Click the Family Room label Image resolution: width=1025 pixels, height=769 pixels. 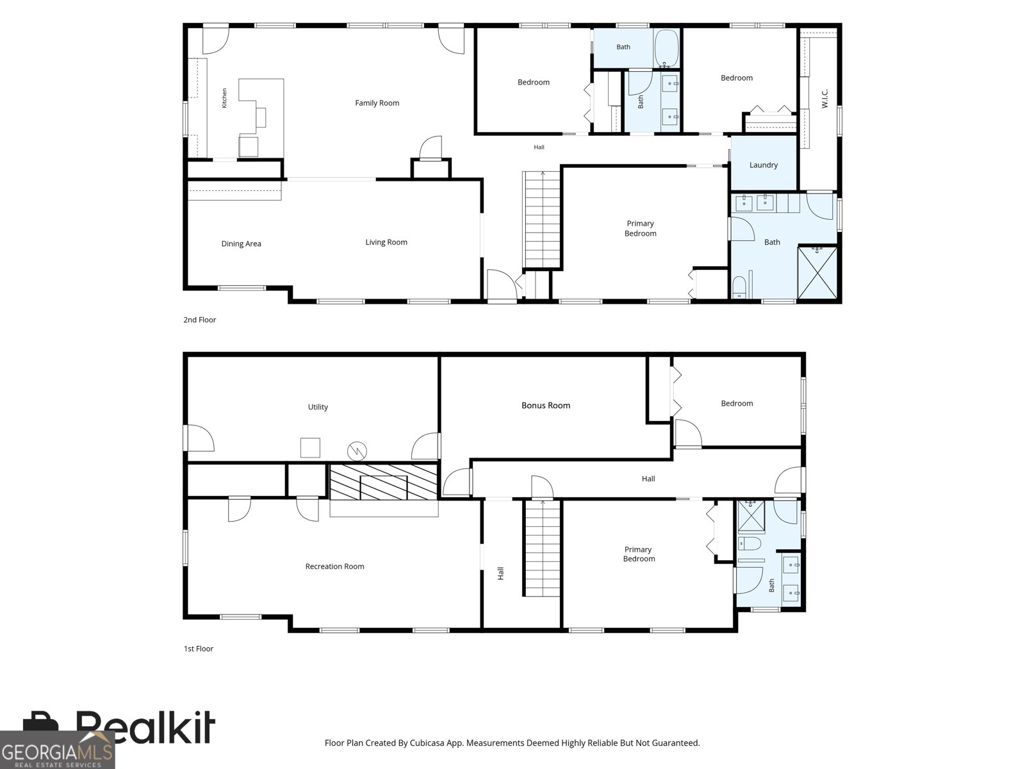tap(377, 103)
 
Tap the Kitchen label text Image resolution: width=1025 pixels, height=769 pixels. tap(224, 98)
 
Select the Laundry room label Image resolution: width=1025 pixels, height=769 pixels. tap(764, 165)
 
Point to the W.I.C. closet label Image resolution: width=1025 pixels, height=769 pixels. tap(824, 99)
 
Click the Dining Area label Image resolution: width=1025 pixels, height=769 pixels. tap(241, 244)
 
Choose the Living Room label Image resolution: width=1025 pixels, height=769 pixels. tap(386, 242)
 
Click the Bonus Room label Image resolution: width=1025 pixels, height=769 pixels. tap(546, 405)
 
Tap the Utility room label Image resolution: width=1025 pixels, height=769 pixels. tap(318, 407)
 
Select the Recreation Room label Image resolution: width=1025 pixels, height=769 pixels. tap(335, 566)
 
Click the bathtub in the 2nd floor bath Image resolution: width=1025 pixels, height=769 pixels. tap(666, 48)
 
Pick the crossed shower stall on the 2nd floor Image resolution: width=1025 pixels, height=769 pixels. tap(817, 273)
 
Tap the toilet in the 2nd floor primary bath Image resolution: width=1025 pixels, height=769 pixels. tap(739, 286)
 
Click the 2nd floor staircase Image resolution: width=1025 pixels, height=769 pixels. tap(542, 219)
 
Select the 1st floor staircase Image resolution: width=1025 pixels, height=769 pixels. tap(542, 548)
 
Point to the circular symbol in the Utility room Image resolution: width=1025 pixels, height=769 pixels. tap(357, 451)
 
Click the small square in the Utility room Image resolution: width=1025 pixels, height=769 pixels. tap(310, 447)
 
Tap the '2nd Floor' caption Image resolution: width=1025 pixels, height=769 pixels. tap(199, 320)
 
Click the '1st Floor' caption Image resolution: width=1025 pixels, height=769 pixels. tap(199, 649)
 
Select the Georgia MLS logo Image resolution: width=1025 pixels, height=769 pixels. tap(58, 750)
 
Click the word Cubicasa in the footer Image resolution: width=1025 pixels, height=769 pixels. tap(427, 743)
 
